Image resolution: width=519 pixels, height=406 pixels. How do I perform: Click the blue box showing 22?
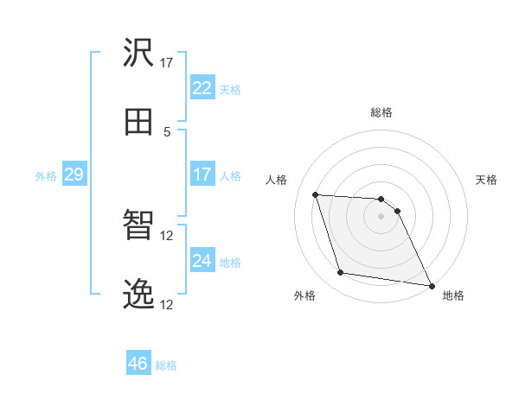(202, 88)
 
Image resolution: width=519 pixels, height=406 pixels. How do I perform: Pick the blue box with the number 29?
(74, 175)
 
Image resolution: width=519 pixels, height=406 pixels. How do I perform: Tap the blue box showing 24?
(202, 261)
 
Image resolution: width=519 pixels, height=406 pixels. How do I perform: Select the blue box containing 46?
(138, 364)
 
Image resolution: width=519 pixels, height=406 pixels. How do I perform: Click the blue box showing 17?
(202, 174)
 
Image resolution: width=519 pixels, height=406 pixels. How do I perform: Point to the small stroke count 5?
(167, 131)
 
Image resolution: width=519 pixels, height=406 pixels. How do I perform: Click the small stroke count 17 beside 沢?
(167, 62)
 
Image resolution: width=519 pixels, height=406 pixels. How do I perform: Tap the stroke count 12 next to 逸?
(167, 304)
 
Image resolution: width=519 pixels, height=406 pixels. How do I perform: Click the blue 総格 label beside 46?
(167, 365)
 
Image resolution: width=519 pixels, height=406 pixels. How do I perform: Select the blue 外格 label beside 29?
(46, 176)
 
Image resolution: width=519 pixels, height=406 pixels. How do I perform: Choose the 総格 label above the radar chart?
(381, 112)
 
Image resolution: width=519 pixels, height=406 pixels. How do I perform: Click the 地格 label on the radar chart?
(453, 295)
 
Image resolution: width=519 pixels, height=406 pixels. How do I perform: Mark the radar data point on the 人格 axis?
(315, 194)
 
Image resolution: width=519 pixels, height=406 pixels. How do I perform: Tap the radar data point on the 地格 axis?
(431, 285)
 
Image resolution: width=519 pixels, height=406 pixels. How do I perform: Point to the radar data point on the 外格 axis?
(340, 273)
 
